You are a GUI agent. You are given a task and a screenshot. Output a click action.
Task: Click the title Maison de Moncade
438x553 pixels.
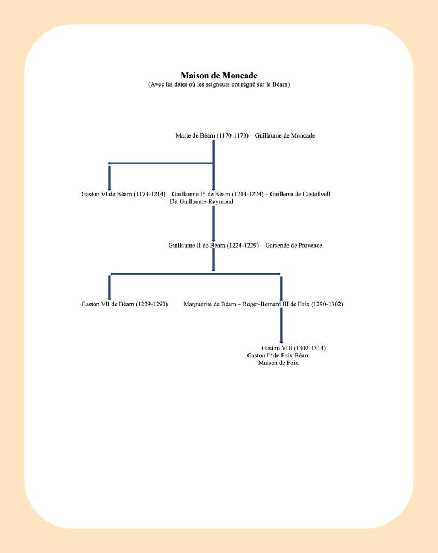pos(219,76)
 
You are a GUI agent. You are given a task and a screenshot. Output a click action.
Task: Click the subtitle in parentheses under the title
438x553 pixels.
pos(219,84)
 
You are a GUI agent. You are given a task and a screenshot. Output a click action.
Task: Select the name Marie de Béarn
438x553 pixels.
pos(195,135)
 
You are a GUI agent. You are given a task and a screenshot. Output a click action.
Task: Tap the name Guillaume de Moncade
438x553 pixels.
pos(285,135)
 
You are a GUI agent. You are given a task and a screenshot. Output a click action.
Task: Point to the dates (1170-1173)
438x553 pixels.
pos(233,135)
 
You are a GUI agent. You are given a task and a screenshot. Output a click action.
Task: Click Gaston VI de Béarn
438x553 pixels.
pos(107,194)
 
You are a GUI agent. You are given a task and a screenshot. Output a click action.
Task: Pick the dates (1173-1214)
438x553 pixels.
pos(149,194)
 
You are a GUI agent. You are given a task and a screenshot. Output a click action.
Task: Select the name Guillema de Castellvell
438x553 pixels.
pos(300,194)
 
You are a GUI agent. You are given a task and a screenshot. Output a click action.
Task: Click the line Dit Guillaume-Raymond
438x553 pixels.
pos(201,201)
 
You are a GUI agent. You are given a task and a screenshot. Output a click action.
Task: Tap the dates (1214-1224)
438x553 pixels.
pos(247,194)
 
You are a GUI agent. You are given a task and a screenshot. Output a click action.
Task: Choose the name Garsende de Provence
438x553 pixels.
pos(293,246)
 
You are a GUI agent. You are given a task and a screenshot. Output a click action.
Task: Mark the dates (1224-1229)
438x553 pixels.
pos(243,246)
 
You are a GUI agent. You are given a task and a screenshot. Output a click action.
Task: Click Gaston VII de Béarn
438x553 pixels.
pos(108,304)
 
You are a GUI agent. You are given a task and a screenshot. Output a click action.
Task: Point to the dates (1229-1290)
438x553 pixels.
pos(152,304)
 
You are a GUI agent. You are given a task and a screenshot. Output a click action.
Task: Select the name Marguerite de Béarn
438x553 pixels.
pos(210,304)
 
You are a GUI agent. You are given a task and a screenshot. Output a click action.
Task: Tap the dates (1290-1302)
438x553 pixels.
pos(327,304)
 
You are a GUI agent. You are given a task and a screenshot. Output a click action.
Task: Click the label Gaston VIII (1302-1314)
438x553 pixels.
pos(293,348)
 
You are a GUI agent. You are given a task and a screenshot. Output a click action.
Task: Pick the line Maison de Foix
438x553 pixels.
pos(278,363)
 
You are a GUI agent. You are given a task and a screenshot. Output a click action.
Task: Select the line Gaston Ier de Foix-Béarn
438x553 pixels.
pos(278,356)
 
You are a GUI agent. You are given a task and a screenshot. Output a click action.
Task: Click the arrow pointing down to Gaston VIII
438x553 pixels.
pos(281,326)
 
